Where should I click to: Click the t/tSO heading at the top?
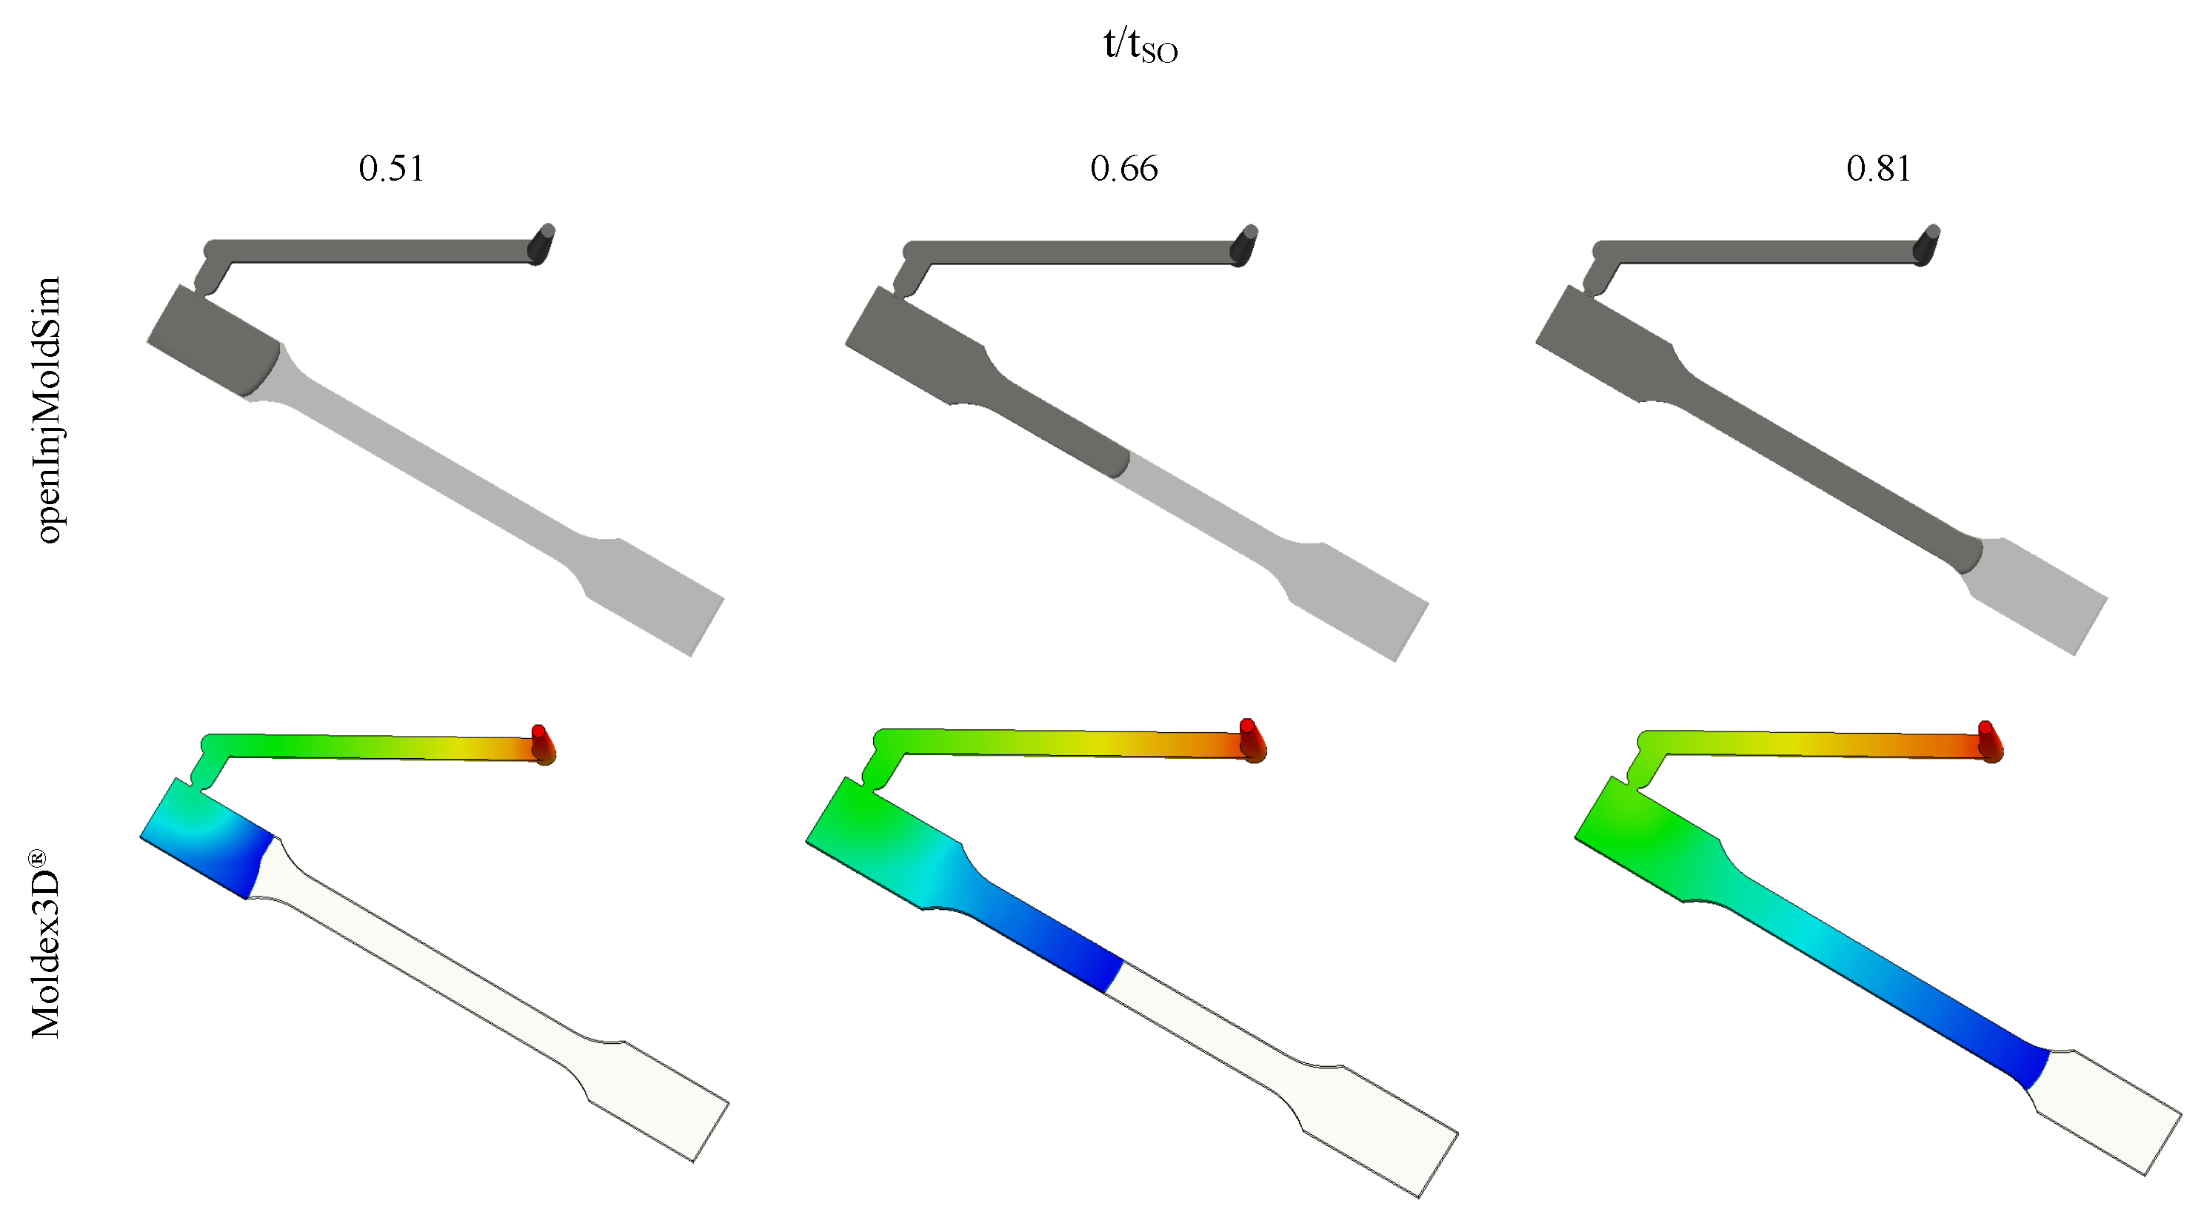point(1140,44)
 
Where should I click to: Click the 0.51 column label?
point(391,168)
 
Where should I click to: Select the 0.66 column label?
point(1123,168)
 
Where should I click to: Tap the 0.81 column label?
point(1878,168)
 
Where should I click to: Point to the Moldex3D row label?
point(47,944)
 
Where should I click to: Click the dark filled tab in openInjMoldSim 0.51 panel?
point(213,342)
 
